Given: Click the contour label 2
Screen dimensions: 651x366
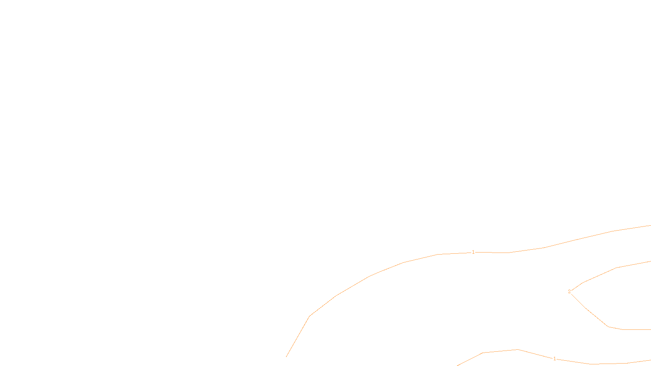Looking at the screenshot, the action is (x=569, y=292).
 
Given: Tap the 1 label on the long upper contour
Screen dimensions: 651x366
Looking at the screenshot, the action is (x=473, y=252).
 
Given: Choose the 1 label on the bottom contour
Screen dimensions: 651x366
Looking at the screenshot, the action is (x=554, y=359).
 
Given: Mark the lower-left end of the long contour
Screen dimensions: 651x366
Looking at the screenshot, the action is (x=286, y=357).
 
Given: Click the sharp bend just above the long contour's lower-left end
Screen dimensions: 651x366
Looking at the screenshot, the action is (x=309, y=316).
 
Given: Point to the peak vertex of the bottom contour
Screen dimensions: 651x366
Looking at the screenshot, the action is (x=518, y=349).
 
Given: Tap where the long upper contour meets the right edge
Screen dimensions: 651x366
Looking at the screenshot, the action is (x=650, y=225).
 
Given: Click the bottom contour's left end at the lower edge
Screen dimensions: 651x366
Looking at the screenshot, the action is (x=457, y=365).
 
